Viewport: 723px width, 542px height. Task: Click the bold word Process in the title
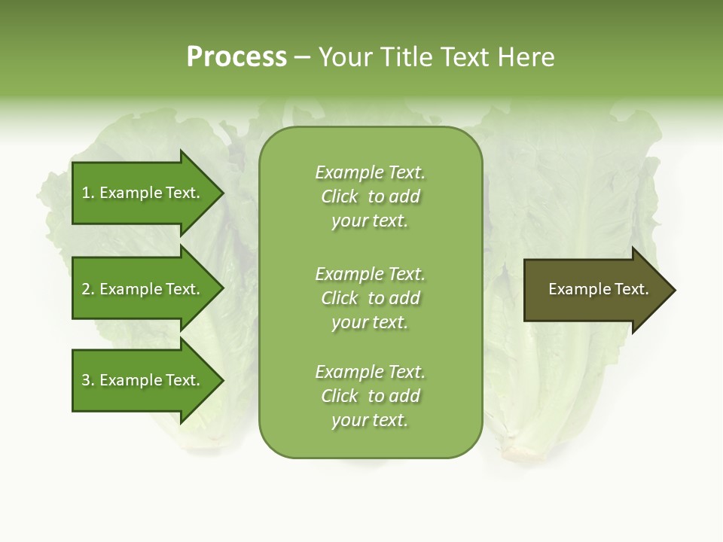(x=236, y=57)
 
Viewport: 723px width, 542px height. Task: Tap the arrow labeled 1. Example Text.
(x=143, y=193)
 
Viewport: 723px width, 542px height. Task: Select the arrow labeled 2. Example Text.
(x=143, y=289)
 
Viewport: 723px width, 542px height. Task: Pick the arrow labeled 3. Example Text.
(x=143, y=380)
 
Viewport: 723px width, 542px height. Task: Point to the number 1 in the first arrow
(x=86, y=193)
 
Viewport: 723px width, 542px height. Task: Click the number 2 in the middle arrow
(x=86, y=289)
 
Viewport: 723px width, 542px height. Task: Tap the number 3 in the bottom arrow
(x=86, y=380)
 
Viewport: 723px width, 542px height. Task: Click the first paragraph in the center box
(x=370, y=196)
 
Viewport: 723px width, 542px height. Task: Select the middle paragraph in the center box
(x=370, y=297)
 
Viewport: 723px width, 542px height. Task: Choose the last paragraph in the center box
(x=370, y=396)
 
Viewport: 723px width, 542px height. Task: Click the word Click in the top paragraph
(x=340, y=196)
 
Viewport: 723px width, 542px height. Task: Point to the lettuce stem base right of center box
(x=520, y=449)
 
